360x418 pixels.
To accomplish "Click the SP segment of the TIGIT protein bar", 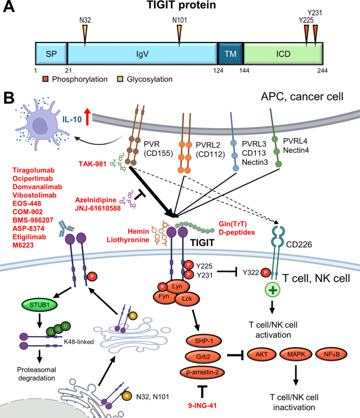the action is tap(51, 54).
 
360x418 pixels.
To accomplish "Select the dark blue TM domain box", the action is tap(231, 54).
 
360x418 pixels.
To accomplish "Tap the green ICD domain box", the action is tap(283, 54).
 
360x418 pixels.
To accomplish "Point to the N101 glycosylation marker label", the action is tap(180, 20).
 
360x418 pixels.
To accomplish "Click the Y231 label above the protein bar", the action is tap(315, 13).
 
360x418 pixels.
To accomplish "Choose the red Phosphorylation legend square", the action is tap(46, 79).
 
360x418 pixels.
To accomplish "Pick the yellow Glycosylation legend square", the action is tap(120, 79).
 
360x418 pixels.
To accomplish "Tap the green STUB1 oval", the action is tap(39, 305).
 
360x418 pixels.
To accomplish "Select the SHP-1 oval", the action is tap(203, 341).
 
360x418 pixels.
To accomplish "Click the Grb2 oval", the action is tap(203, 357).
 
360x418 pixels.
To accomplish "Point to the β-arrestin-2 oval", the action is tap(202, 372).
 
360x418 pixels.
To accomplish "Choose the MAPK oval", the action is tap(296, 354).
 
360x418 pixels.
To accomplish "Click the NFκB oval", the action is tap(332, 354).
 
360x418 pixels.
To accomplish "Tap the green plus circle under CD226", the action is tap(272, 290).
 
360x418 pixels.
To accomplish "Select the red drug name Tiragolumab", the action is tap(34, 170).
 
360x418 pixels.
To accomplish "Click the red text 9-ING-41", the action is tap(202, 405).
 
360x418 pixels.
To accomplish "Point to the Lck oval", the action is tap(187, 299).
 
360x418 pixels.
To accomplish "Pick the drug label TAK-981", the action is tap(92, 164).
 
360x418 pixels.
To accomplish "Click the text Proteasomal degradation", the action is tap(37, 374).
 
